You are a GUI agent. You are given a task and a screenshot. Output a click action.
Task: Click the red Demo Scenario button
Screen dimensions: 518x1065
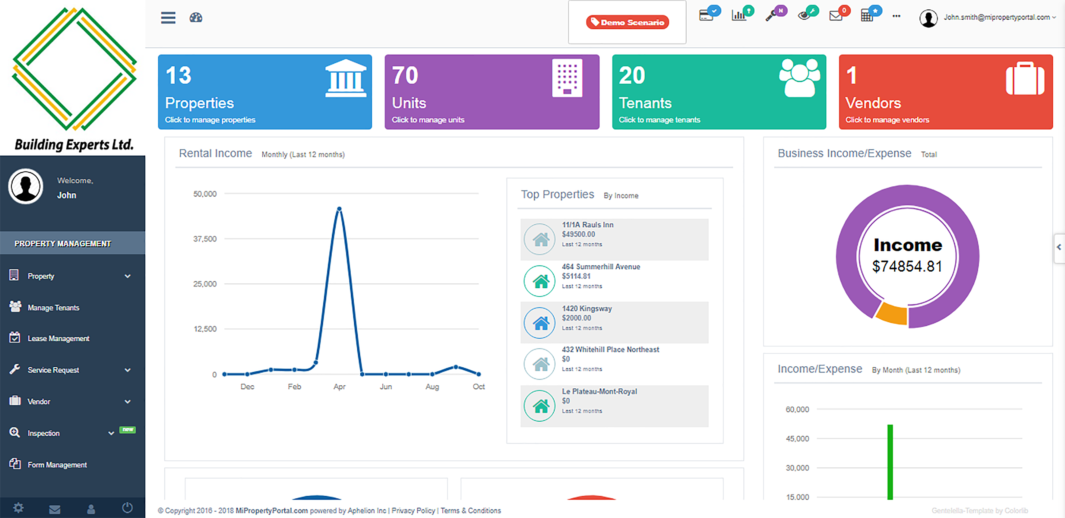pos(627,22)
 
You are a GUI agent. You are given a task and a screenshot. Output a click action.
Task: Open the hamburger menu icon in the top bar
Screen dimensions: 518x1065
pos(168,18)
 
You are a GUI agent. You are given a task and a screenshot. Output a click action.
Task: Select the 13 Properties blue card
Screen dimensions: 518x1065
pos(265,92)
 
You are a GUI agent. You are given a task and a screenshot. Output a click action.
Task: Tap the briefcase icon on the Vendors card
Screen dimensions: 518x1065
pos(1025,79)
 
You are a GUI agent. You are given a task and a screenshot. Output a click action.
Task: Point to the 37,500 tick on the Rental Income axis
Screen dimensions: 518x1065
pos(205,239)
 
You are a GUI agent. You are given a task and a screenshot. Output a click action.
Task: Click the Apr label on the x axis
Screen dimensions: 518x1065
pos(339,387)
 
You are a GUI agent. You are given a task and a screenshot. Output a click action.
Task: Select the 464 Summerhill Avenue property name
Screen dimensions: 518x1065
pos(601,267)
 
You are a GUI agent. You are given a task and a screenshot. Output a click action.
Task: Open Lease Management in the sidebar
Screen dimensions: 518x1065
pos(58,339)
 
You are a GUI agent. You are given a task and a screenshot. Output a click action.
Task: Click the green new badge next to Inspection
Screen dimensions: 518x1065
pos(127,430)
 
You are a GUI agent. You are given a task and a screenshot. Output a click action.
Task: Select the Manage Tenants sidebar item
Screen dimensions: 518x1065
pos(53,308)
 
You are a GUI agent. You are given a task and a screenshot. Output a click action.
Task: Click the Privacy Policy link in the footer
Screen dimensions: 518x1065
pos(413,511)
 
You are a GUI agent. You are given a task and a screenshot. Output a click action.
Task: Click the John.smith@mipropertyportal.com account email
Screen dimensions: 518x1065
pos(996,17)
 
